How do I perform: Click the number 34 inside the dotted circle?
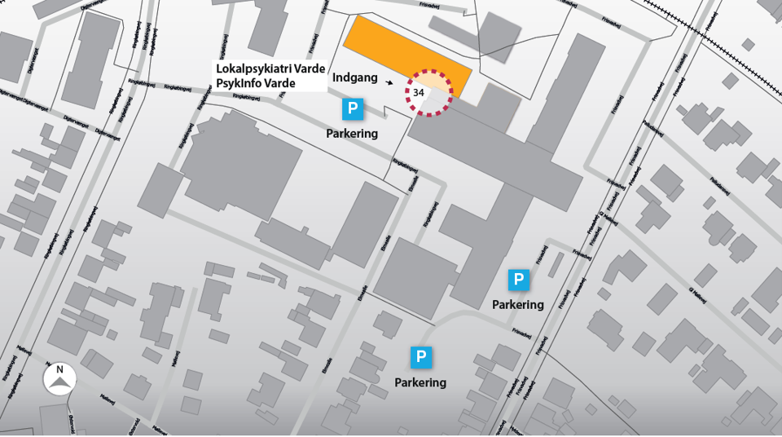(x=419, y=93)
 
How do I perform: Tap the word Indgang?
(x=356, y=78)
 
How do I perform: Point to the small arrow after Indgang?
(x=390, y=82)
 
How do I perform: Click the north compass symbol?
(x=59, y=379)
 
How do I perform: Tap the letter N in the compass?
(x=59, y=369)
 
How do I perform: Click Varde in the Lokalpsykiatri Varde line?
(x=310, y=68)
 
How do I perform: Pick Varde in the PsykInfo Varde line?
(x=279, y=83)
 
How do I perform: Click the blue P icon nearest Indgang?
(x=353, y=109)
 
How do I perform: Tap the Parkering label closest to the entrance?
(x=352, y=134)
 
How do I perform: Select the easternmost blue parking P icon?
(x=519, y=280)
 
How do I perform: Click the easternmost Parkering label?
(x=518, y=305)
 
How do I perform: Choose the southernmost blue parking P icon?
(x=421, y=357)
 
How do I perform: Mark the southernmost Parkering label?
(x=420, y=382)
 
